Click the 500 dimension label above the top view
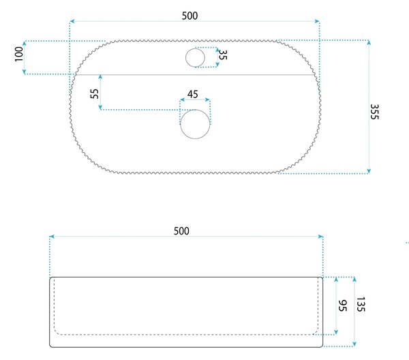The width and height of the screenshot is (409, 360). (190, 16)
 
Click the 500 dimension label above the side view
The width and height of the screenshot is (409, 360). (181, 231)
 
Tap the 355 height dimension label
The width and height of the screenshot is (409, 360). (374, 112)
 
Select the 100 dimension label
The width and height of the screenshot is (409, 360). (19, 54)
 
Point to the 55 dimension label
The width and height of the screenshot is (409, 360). (95, 93)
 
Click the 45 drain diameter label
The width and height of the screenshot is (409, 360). (193, 94)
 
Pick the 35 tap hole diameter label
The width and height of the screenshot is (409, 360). (222, 55)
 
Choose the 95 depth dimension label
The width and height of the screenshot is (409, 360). (342, 305)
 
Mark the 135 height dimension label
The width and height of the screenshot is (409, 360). (361, 304)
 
